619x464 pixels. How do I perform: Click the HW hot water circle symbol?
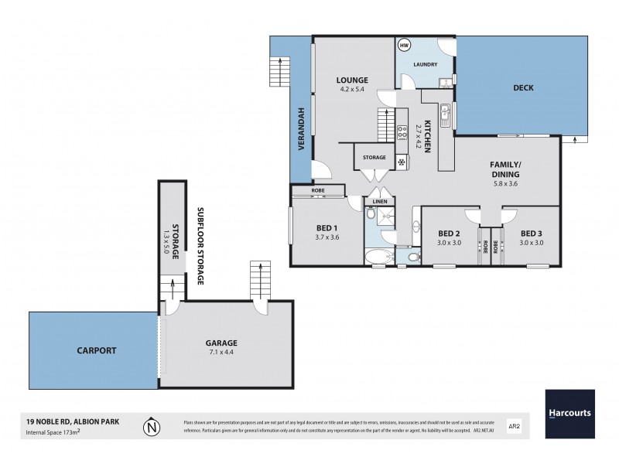403,46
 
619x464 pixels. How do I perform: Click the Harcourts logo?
569,414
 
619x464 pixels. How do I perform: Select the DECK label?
524,88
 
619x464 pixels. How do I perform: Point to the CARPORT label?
97,350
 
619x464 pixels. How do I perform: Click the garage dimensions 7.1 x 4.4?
221,352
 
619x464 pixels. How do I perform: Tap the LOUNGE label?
351,80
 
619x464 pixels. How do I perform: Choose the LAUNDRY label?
426,64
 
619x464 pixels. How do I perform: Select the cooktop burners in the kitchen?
402,132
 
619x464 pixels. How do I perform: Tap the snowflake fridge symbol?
401,162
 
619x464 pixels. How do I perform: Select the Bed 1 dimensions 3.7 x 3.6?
327,237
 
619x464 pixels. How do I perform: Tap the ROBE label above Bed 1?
318,189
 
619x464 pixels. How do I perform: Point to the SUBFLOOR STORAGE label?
200,246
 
